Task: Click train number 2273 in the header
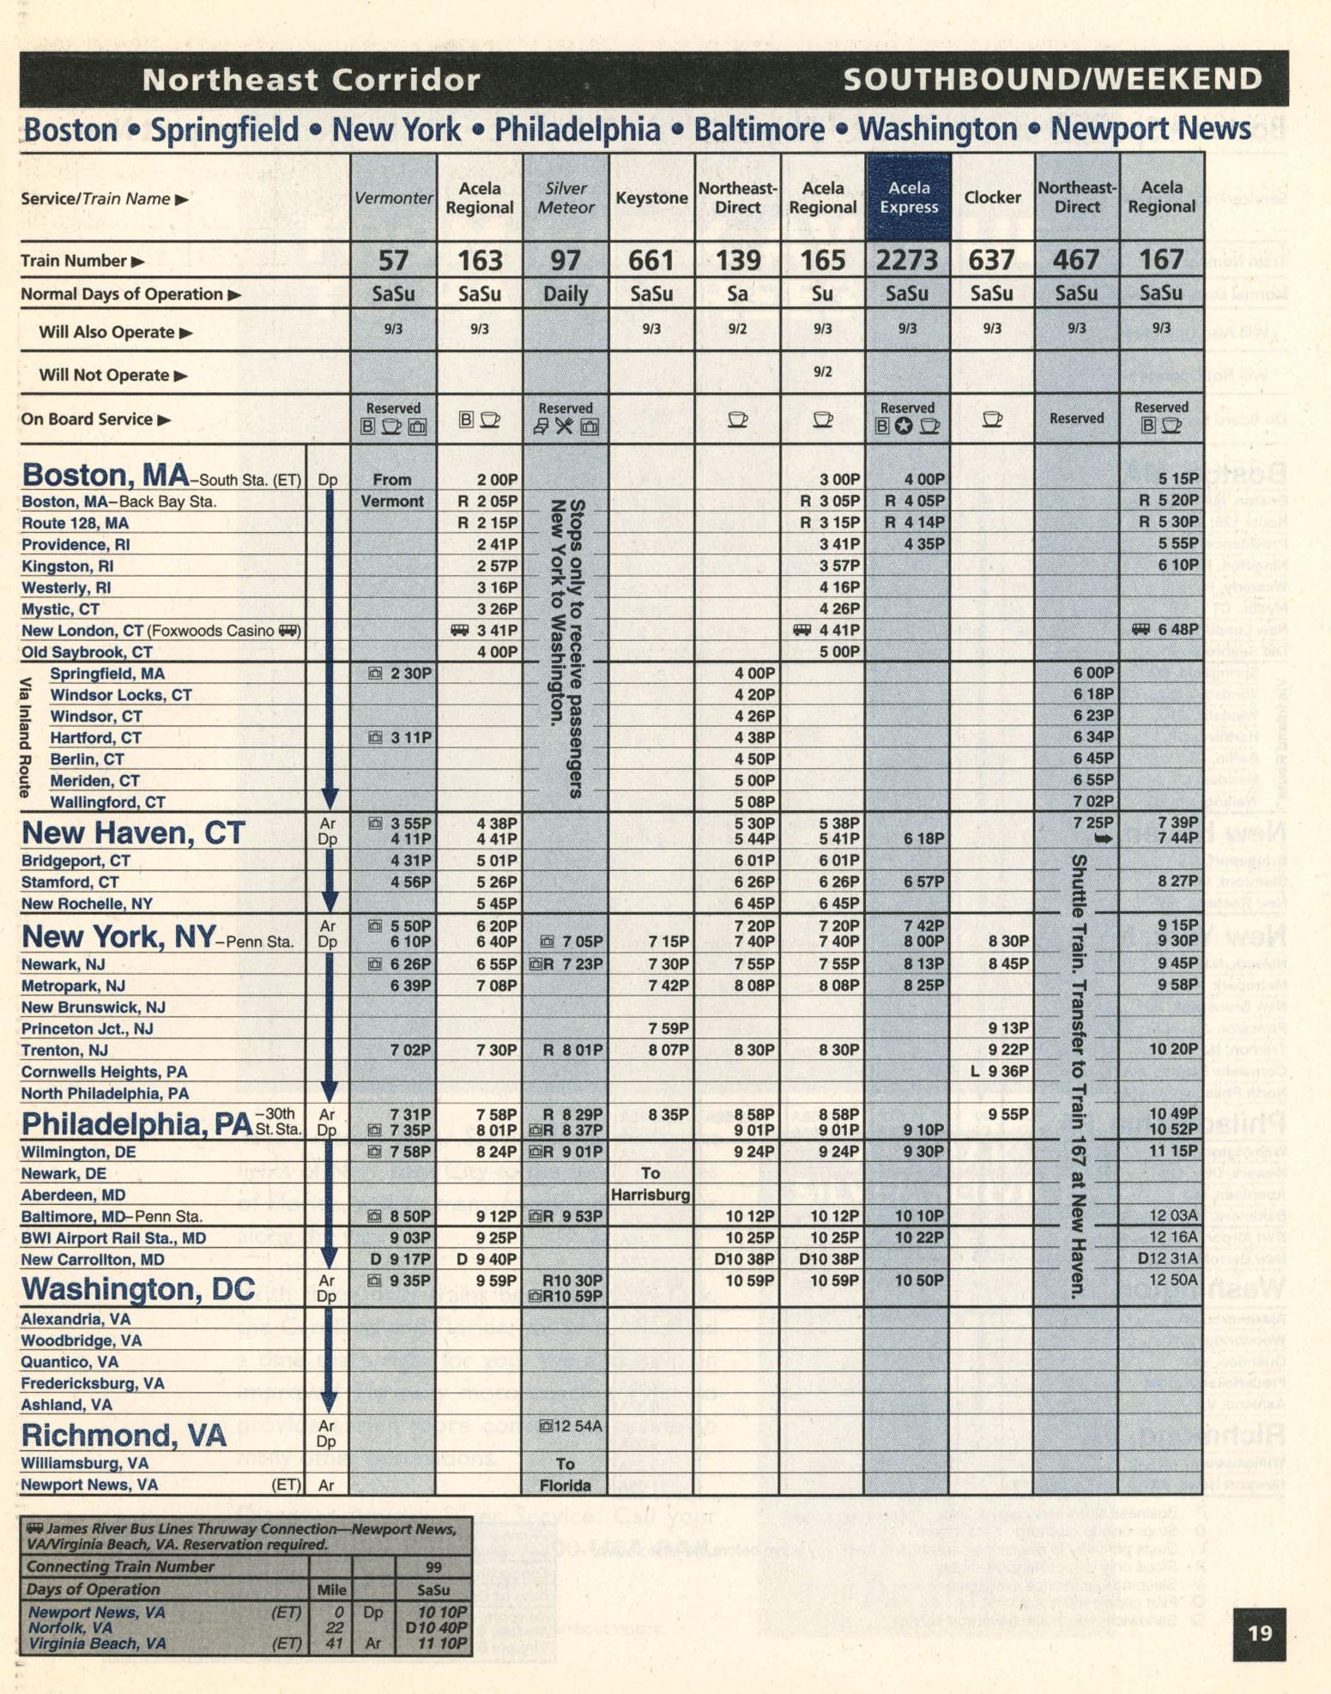tap(906, 260)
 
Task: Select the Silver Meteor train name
tap(566, 197)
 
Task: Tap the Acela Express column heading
tap(908, 197)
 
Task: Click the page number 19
tap(1259, 1632)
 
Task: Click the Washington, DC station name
tap(138, 1288)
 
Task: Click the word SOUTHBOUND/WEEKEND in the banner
tap(1052, 80)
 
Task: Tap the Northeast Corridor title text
tap(311, 80)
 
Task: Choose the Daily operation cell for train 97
tap(566, 294)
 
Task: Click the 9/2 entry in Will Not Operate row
tap(822, 372)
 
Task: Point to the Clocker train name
tap(992, 197)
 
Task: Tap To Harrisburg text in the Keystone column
tap(650, 1183)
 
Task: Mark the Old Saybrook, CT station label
tap(87, 652)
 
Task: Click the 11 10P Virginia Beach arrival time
tap(442, 1643)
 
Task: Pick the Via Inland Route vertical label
tap(26, 738)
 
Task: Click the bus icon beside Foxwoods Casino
tap(289, 631)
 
